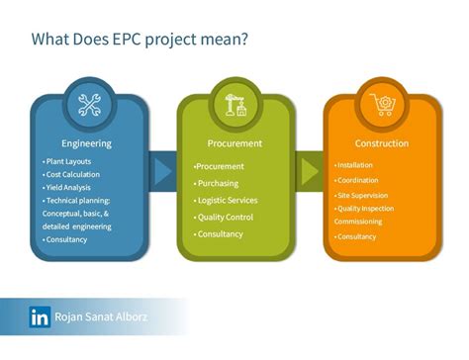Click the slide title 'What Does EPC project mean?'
point(139,41)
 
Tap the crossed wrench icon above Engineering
point(90,105)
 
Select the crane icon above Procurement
point(234,105)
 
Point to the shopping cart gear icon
point(380,105)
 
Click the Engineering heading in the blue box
point(86,143)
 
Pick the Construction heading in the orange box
point(382,143)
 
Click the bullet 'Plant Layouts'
point(69,160)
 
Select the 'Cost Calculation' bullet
point(72,174)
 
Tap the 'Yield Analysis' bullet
point(69,187)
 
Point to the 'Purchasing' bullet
point(219,183)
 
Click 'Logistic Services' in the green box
point(228,200)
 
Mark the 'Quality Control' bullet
point(225,217)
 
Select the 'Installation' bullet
point(357,165)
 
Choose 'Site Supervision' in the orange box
point(363,195)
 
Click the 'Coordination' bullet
point(359,180)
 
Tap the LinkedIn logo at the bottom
point(41,317)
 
